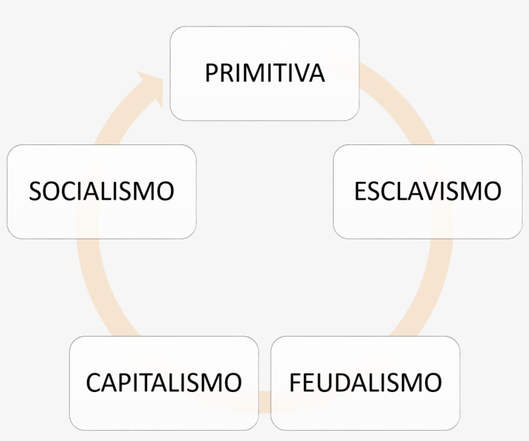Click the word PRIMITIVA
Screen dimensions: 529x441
pos(265,73)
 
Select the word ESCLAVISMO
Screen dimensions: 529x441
pos(428,191)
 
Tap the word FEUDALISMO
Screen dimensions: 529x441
pos(365,382)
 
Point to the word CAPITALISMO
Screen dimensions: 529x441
pos(164,382)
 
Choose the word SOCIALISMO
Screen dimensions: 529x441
pos(101,191)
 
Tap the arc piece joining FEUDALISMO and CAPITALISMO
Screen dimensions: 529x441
pos(264,401)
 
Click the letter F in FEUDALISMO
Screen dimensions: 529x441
pos(295,382)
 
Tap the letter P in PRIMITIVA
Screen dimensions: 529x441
pos(212,73)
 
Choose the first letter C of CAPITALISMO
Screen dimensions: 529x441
pos(94,382)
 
